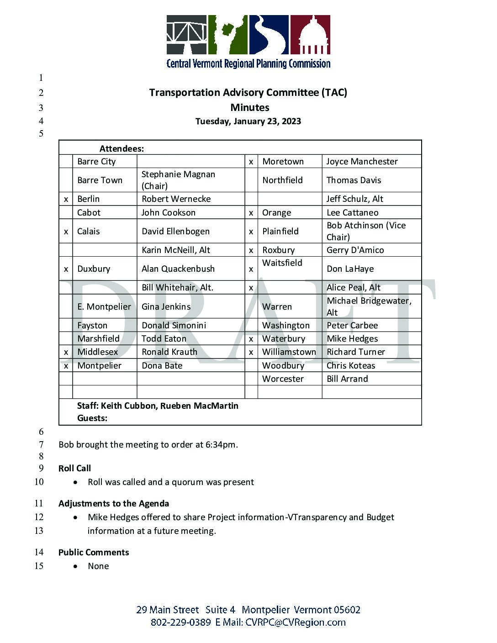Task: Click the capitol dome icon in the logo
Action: pyautogui.click(x=311, y=35)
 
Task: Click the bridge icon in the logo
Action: pyautogui.click(x=186, y=35)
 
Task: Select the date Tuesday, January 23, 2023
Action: pyautogui.click(x=248, y=121)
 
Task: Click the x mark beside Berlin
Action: pyautogui.click(x=66, y=199)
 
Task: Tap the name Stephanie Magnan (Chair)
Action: pyautogui.click(x=178, y=180)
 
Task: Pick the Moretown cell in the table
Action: pyautogui.click(x=283, y=162)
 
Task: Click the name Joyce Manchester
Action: pyautogui.click(x=362, y=162)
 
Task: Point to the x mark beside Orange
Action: pyautogui.click(x=251, y=213)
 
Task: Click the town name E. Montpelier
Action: pyautogui.click(x=104, y=307)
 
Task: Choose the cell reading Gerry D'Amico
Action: pyautogui.click(x=355, y=250)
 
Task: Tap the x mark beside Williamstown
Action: pyautogui.click(x=251, y=352)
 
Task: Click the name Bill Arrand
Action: pyautogui.click(x=347, y=379)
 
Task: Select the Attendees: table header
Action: pyautogui.click(x=122, y=148)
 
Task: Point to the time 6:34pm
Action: pyautogui.click(x=222, y=445)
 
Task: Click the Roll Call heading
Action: pyautogui.click(x=74, y=469)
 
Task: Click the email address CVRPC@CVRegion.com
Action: pyautogui.click(x=296, y=622)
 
